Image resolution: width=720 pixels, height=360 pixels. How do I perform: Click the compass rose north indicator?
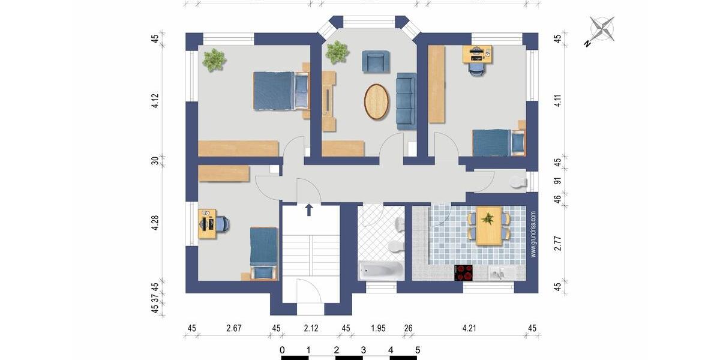[x=602, y=29]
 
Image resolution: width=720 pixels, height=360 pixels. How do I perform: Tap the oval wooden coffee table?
[x=376, y=101]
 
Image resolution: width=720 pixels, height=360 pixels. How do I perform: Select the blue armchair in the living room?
[x=375, y=61]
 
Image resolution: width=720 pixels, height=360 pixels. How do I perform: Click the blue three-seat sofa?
[x=406, y=100]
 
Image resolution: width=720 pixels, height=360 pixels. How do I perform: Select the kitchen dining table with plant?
[x=488, y=227]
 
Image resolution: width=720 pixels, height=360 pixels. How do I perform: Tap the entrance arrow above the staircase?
[x=309, y=209]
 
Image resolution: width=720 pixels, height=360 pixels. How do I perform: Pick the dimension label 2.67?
[x=233, y=328]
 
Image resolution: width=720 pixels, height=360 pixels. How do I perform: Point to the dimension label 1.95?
[x=378, y=328]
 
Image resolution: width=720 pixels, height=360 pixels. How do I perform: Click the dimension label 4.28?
[x=155, y=223]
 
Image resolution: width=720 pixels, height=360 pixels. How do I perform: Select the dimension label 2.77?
[x=557, y=243]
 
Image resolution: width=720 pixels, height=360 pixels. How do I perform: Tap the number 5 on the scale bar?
[x=418, y=350]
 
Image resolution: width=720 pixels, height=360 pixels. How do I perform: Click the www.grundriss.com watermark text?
[x=533, y=234]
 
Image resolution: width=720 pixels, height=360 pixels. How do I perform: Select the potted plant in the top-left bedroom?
[x=214, y=59]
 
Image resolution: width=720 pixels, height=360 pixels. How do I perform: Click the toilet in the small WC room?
[x=517, y=182]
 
